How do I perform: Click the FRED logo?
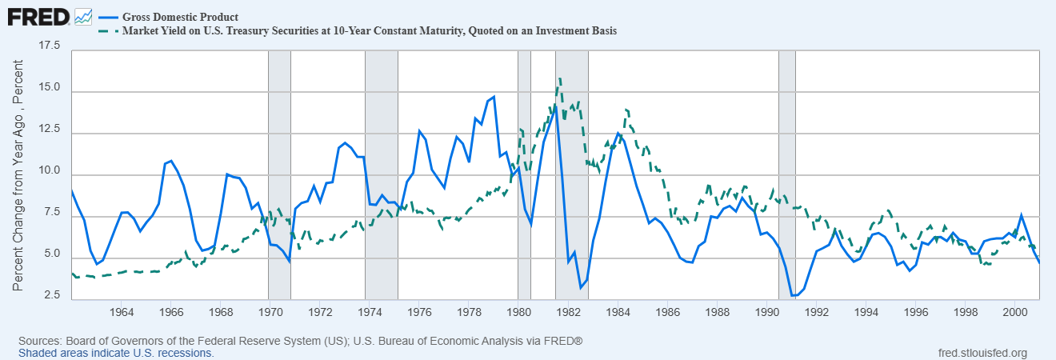tap(38, 18)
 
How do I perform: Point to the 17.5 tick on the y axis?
tap(50, 46)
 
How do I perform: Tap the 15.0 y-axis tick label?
tap(50, 87)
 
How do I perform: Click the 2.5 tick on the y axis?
tap(52, 295)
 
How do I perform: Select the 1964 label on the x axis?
tap(121, 312)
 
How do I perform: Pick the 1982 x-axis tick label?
tap(568, 312)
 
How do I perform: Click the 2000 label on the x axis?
tap(1015, 312)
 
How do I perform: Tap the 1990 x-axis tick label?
tap(766, 312)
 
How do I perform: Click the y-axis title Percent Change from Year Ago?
tap(18, 175)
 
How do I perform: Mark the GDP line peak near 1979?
tap(494, 97)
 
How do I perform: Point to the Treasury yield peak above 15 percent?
tap(559, 78)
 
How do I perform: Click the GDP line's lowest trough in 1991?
tap(793, 295)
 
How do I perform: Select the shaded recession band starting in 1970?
tap(279, 175)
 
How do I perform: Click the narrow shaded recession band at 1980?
tap(524, 175)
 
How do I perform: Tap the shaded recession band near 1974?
tap(382, 175)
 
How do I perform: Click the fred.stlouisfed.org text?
tap(982, 353)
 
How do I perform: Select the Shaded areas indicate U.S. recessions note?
tap(116, 353)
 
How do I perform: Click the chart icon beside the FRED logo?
tap(83, 18)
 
